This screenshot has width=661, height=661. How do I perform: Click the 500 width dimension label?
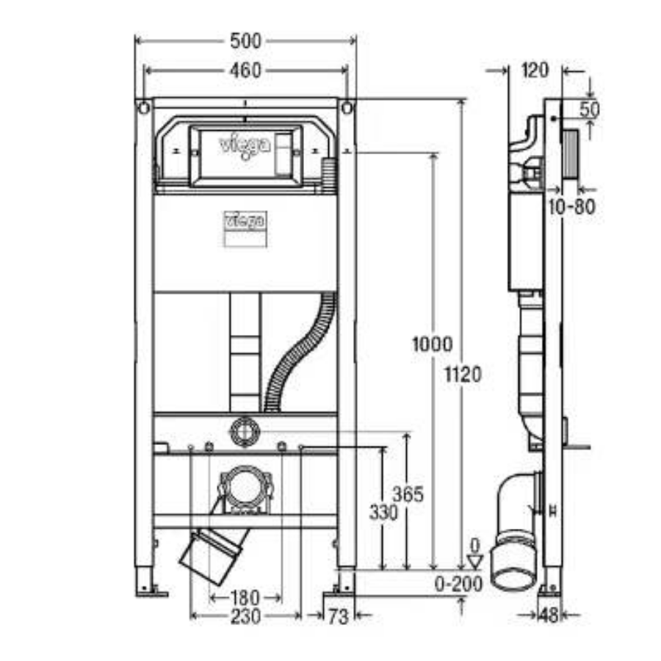coord(245,42)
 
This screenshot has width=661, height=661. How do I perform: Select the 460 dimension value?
coord(245,71)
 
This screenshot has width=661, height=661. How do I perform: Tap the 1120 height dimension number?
coord(463,375)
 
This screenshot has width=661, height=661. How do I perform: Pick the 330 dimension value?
coord(383,512)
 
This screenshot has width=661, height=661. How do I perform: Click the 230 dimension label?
coord(245,617)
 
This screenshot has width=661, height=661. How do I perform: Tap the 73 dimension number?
coord(338,618)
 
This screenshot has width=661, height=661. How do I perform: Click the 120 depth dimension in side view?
coord(535,71)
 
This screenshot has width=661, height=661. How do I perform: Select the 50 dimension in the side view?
coord(590,109)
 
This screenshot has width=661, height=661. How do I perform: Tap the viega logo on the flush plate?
coord(245,145)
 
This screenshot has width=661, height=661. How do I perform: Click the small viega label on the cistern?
coord(245,220)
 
